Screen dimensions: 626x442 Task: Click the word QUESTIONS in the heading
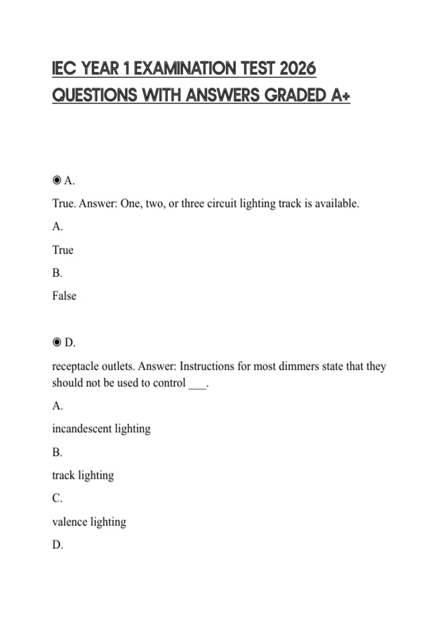click(x=95, y=95)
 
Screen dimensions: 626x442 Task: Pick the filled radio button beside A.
click(x=57, y=180)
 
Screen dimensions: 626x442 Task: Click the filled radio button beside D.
click(x=57, y=342)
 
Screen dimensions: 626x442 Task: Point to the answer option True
click(x=63, y=250)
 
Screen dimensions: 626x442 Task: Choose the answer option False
click(x=64, y=296)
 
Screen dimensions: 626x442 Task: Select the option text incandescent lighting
click(x=101, y=429)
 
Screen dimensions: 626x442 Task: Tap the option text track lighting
click(x=83, y=475)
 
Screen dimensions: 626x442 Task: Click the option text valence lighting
click(x=89, y=521)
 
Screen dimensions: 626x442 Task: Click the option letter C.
click(x=57, y=498)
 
